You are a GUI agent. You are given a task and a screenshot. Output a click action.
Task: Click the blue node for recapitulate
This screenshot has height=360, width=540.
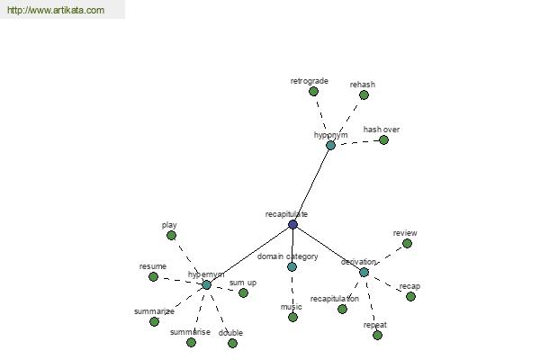click(292, 225)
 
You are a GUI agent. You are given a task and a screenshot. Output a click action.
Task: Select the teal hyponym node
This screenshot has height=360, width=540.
click(330, 146)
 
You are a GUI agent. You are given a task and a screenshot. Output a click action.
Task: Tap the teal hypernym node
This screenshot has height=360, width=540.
click(206, 285)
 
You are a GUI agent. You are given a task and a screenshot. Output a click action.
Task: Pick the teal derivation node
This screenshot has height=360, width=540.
click(364, 272)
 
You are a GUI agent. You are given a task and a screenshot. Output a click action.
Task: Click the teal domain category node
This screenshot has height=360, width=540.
click(292, 266)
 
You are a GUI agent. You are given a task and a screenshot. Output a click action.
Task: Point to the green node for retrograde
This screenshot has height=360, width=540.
click(313, 91)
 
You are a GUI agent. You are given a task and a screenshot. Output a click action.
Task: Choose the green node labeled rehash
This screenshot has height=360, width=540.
click(364, 94)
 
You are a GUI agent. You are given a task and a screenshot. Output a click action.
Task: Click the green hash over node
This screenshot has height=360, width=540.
click(383, 139)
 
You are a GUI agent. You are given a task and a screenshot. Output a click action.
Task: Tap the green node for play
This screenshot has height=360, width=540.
click(171, 236)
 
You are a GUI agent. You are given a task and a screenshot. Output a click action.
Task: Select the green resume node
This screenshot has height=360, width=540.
click(153, 276)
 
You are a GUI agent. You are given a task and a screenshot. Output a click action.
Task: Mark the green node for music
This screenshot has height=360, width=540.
click(292, 318)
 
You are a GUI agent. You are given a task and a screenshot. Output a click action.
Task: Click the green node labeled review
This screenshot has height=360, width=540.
click(407, 244)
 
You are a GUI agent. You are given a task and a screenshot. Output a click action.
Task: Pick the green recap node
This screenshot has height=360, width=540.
click(410, 297)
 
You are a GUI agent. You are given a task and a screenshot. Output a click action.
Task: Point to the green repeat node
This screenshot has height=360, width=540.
click(377, 335)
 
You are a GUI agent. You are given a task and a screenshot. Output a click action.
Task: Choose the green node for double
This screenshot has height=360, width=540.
click(232, 343)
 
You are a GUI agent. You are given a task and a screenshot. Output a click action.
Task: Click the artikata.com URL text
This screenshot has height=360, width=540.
click(56, 10)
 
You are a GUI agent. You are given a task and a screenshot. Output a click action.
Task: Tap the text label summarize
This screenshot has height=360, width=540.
click(154, 311)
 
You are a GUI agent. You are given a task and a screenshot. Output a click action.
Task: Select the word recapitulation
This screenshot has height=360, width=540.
click(335, 299)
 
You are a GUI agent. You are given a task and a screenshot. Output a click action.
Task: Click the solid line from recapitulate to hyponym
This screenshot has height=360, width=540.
click(311, 185)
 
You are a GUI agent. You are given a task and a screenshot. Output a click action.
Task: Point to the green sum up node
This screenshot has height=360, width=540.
click(243, 292)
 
